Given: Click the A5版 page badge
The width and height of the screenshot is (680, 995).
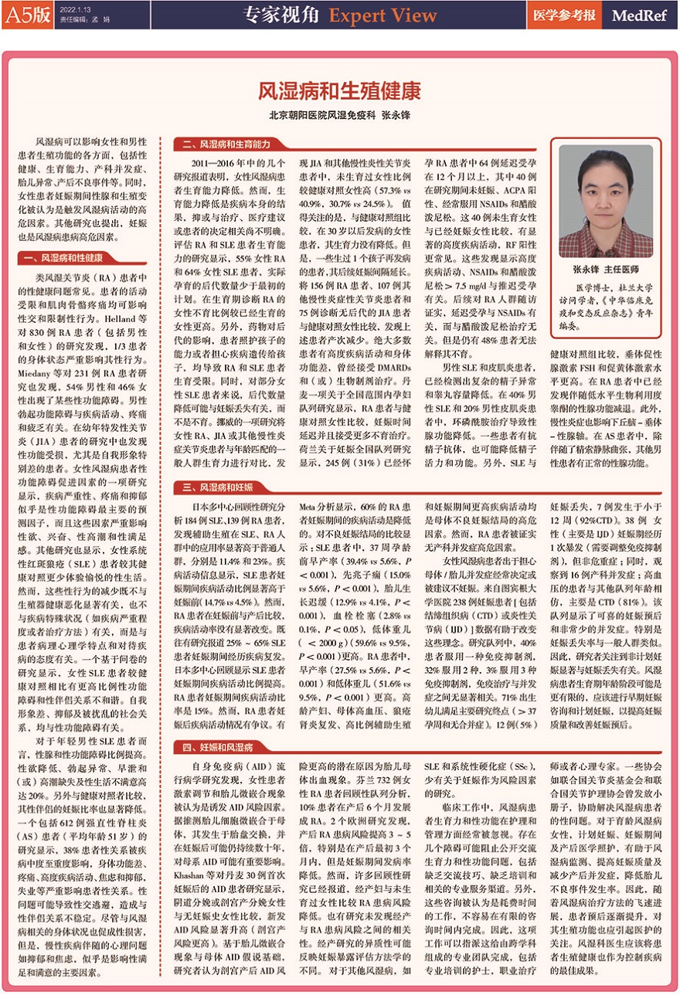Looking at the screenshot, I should (x=26, y=15).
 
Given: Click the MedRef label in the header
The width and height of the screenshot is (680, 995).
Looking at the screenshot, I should (x=638, y=15).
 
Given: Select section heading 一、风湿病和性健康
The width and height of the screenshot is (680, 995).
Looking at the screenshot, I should (x=66, y=257).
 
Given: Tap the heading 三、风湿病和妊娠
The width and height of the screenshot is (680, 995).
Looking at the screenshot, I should (x=212, y=487).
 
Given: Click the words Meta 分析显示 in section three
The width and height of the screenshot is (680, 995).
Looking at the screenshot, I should (x=325, y=506).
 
